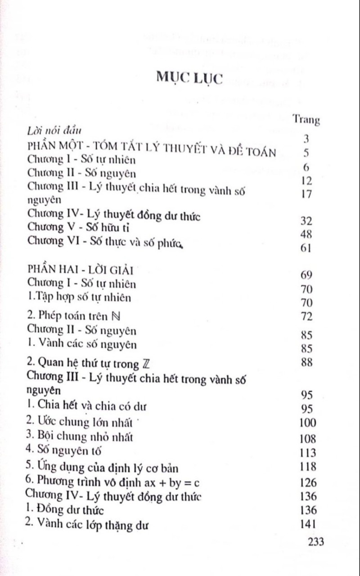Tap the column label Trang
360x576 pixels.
click(306, 120)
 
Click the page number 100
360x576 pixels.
click(308, 423)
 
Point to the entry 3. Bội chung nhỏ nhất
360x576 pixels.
click(80, 436)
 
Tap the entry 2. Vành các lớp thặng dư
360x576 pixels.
click(87, 525)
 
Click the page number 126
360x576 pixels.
click(308, 483)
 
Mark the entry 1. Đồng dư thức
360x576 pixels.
click(65, 510)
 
